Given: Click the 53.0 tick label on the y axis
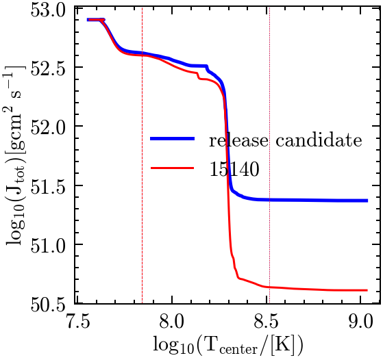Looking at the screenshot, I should click(x=53, y=10).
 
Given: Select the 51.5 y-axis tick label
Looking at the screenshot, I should click(x=53, y=185).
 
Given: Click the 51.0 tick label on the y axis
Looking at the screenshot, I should click(x=53, y=244).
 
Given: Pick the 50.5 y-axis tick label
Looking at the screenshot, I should click(x=53, y=303).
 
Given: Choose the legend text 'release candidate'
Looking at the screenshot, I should click(x=285, y=142).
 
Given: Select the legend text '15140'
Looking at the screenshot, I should click(x=234, y=171).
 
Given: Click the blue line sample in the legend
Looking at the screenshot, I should click(x=176, y=140).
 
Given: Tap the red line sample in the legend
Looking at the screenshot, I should click(x=176, y=170).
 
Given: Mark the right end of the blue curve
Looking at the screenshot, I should click(x=367, y=201).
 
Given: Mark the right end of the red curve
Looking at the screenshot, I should click(x=367, y=290).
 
